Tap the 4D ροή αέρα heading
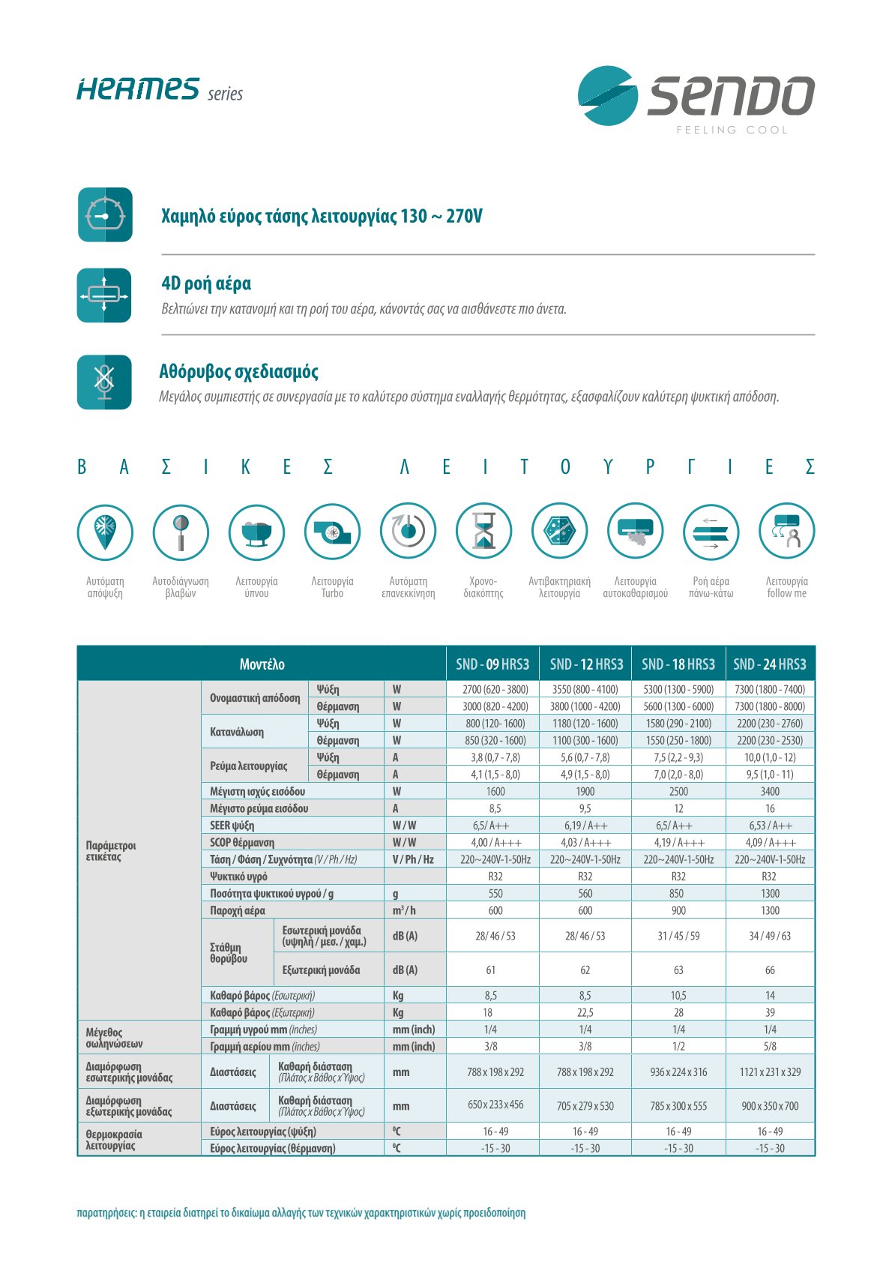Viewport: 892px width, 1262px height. pyautogui.click(x=206, y=283)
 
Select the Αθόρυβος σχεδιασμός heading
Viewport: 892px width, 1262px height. pyautogui.click(x=238, y=372)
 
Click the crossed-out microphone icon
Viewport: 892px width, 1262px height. pyautogui.click(x=104, y=382)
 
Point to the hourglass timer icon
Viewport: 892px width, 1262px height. pyautogui.click(x=483, y=532)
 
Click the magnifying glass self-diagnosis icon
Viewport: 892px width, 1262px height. pyautogui.click(x=181, y=532)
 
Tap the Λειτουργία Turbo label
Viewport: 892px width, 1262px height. pyautogui.click(x=332, y=587)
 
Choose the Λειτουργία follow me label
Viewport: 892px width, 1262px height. pyautogui.click(x=786, y=587)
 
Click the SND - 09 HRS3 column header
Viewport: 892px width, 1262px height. pyautogui.click(x=492, y=664)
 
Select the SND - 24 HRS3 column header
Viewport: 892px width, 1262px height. pyautogui.click(x=770, y=664)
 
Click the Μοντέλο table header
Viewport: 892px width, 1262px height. pyautogui.click(x=262, y=664)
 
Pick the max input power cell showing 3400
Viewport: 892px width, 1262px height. pyautogui.click(x=770, y=792)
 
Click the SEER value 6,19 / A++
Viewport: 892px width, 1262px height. pyautogui.click(x=585, y=826)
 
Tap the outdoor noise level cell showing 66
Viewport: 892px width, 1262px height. pyautogui.click(x=770, y=970)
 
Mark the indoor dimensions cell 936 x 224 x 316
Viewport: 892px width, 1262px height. pyautogui.click(x=678, y=1072)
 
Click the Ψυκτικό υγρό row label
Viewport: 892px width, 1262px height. pyautogui.click(x=238, y=877)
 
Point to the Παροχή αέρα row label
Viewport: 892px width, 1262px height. pyautogui.click(x=238, y=911)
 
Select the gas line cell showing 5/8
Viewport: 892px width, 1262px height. pyautogui.click(x=770, y=1047)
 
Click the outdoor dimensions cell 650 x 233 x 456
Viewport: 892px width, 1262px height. pyautogui.click(x=495, y=1106)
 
